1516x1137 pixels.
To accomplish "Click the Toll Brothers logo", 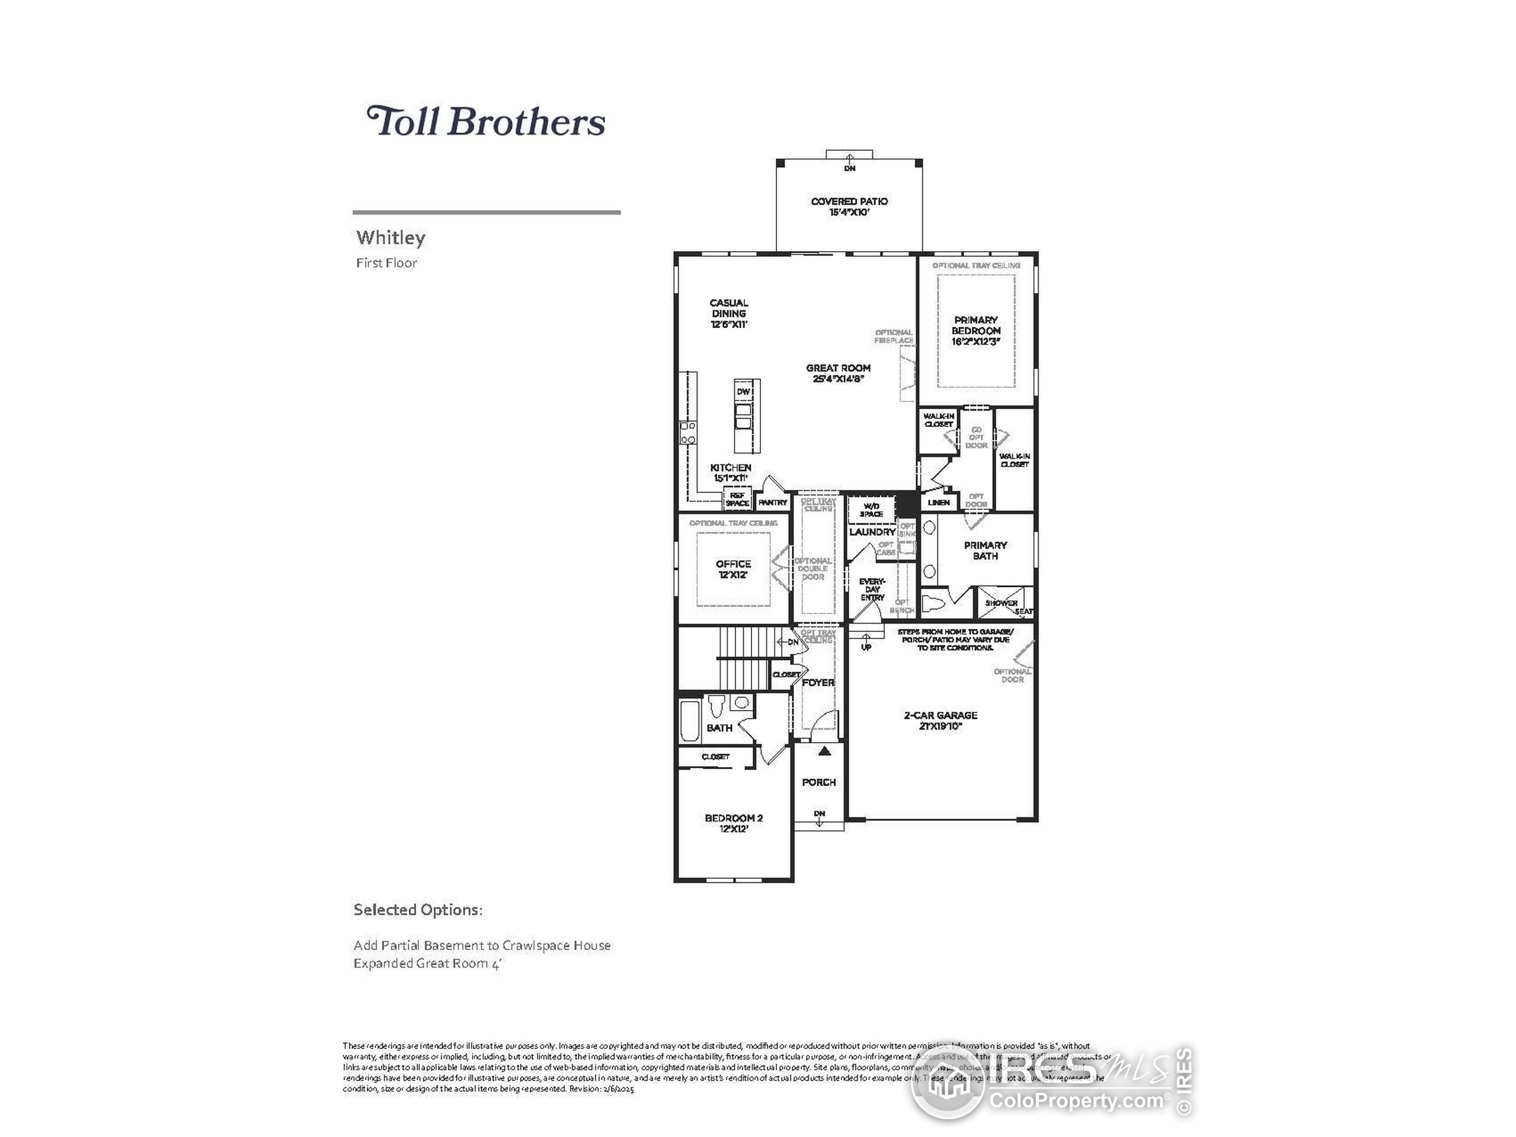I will [x=486, y=121].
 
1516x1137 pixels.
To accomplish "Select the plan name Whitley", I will [x=391, y=238].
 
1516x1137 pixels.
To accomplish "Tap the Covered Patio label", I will [x=849, y=206].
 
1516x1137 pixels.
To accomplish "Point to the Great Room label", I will [x=838, y=373].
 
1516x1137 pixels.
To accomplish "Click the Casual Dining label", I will [x=728, y=313].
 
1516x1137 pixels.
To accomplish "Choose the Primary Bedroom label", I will [x=976, y=330].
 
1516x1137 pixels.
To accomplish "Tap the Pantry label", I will [x=773, y=502].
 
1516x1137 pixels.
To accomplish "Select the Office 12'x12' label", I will [x=733, y=569].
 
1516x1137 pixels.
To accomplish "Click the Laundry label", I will [x=872, y=532].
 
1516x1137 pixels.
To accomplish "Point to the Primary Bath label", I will [x=985, y=550].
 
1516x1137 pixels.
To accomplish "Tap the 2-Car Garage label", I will [x=940, y=720].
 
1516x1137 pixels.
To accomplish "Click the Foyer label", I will [x=818, y=683].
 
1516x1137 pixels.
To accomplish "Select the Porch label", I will [x=819, y=782].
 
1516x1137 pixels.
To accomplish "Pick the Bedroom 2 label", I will [x=733, y=823].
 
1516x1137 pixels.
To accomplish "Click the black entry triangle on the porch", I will [x=824, y=751].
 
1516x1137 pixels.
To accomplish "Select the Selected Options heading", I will [x=418, y=910].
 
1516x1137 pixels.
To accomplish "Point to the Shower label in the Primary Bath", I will [x=1001, y=603].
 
